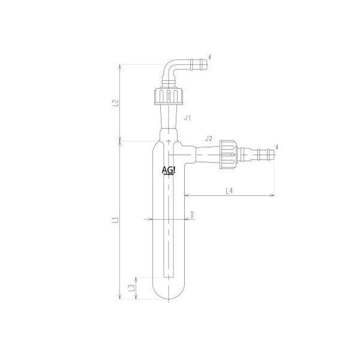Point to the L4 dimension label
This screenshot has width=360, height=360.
229,190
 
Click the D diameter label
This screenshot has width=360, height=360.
191,214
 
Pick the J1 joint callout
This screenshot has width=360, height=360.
187,119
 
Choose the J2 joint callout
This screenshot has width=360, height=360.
208,139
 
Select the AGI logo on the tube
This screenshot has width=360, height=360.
169,170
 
